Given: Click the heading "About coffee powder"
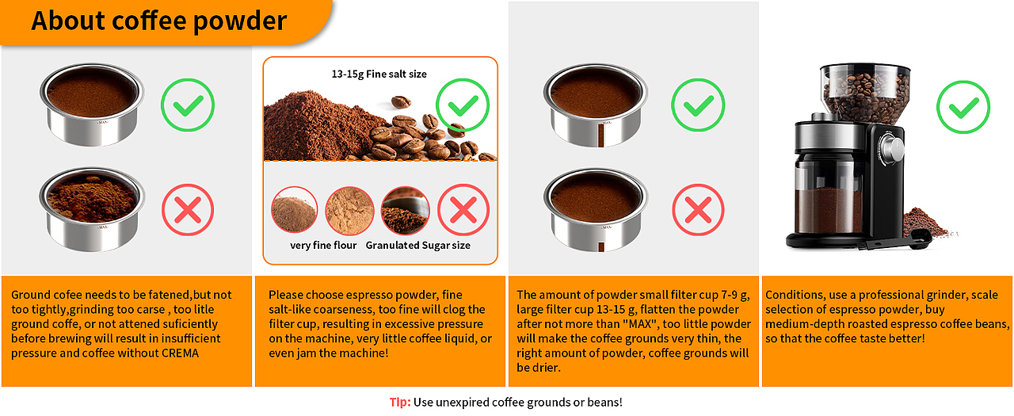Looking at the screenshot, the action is (159, 21).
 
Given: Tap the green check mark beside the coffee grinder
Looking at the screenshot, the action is (963, 107).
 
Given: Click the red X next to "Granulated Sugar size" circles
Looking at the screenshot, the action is (463, 209).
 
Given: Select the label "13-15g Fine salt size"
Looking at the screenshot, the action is (379, 74).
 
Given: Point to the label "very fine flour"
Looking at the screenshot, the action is (323, 246).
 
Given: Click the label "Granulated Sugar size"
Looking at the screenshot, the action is (417, 246).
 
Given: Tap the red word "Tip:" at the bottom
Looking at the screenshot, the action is (400, 402).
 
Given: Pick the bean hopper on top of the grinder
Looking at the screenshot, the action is (865, 93).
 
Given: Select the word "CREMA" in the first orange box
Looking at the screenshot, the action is (180, 353).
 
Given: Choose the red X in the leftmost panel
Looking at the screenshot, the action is (188, 209).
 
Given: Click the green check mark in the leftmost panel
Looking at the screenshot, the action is (188, 105).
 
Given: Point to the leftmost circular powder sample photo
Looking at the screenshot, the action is (294, 209).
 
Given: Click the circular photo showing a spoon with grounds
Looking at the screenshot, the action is (405, 210).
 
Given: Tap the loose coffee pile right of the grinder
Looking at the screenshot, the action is (924, 222).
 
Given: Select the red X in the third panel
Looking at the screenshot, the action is (698, 209).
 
